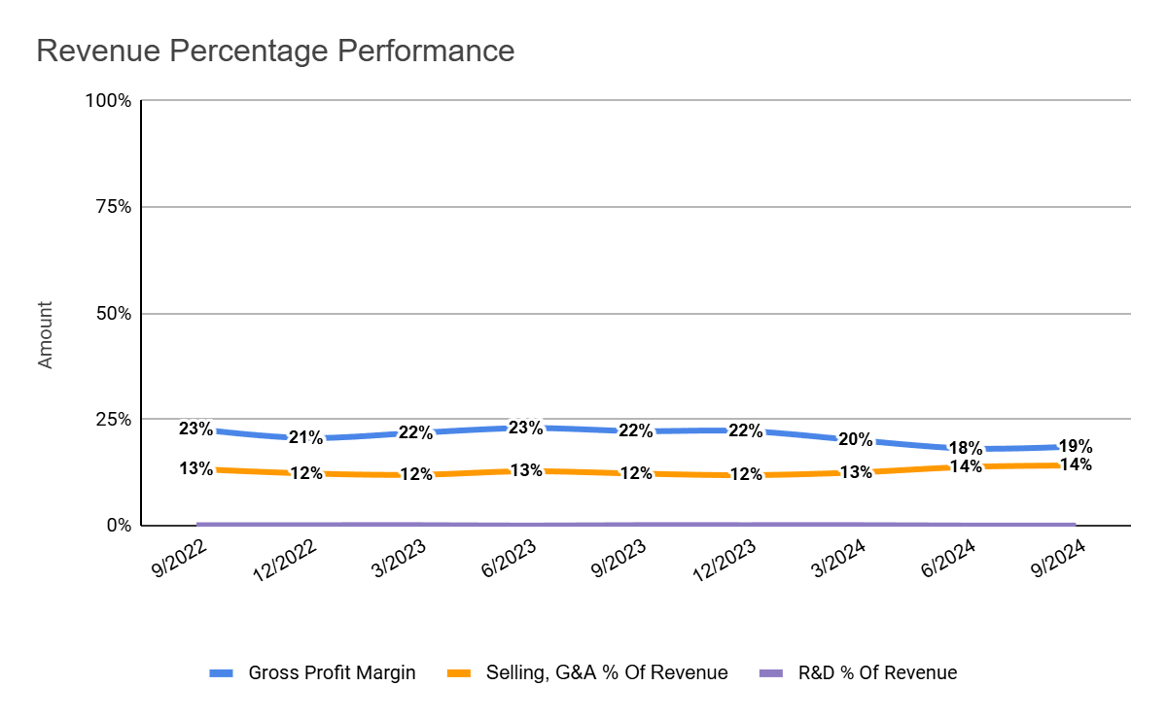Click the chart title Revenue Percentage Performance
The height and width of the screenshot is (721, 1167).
click(275, 51)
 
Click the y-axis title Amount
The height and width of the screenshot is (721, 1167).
click(46, 334)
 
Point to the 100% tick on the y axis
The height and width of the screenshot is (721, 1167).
click(108, 100)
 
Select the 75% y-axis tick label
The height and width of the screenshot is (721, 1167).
click(112, 207)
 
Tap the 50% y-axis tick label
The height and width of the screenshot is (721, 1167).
click(112, 313)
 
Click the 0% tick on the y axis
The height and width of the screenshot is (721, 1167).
click(117, 526)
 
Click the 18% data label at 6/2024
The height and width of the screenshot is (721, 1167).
click(965, 448)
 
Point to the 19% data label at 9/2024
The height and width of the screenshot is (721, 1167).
click(1076, 447)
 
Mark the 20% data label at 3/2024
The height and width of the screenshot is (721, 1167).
click(855, 439)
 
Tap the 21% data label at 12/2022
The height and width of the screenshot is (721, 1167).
click(305, 437)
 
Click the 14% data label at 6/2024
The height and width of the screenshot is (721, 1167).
click(965, 466)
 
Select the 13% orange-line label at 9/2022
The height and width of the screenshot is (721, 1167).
click(195, 468)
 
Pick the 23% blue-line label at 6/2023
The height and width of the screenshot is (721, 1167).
click(525, 428)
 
